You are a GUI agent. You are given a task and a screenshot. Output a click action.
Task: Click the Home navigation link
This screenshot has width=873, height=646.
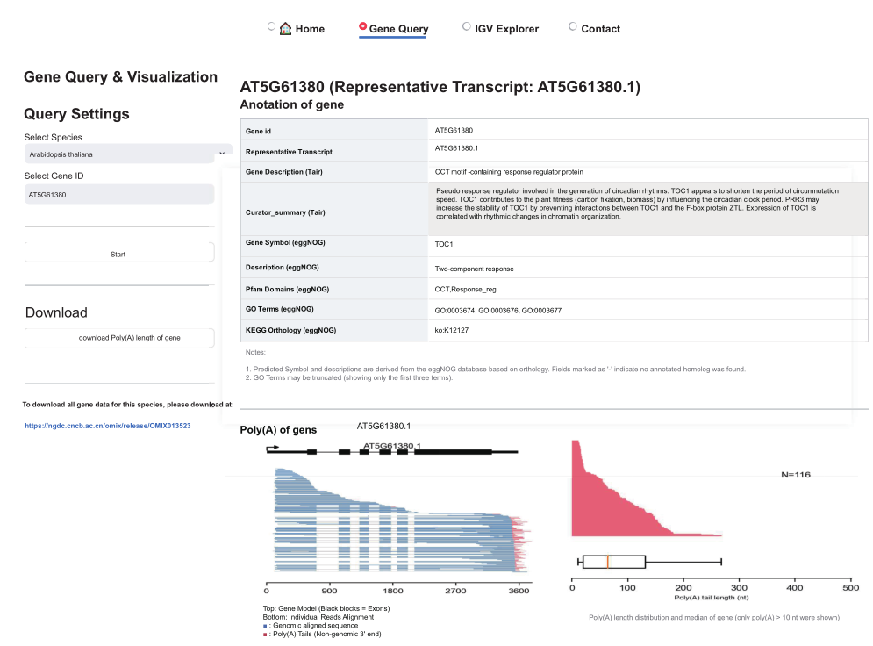[302, 29]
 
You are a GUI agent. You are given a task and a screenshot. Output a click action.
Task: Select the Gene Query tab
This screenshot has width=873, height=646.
[398, 29]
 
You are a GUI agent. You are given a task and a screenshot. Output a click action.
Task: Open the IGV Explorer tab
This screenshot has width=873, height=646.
[506, 29]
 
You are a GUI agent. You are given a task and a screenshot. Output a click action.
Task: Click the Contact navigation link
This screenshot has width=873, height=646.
[600, 29]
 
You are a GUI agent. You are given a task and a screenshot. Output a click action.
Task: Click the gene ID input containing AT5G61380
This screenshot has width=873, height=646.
[118, 194]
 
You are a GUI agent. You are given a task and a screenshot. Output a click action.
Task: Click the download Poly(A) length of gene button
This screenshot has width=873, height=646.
[118, 338]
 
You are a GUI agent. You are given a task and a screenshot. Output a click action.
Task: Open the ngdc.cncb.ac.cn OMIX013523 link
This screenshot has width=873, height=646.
[108, 426]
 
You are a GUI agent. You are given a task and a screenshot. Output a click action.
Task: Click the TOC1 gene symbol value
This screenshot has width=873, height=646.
[444, 245]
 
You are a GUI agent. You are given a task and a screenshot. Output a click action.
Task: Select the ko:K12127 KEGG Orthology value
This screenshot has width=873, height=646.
[453, 330]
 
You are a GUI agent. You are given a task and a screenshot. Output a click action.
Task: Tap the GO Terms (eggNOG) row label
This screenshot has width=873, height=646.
[279, 309]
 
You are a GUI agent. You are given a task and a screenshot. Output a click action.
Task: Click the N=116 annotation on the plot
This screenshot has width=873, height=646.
[796, 475]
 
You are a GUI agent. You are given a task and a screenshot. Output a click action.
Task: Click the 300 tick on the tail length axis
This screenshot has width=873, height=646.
[740, 588]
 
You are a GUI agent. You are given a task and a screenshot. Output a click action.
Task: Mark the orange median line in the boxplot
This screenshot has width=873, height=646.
[607, 562]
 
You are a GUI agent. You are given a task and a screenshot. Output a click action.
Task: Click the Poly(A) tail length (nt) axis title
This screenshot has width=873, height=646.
[712, 599]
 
